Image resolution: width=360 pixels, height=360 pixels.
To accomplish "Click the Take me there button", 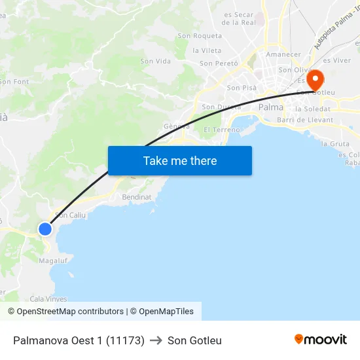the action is tap(180, 160).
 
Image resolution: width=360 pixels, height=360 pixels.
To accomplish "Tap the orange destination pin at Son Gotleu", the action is tap(315, 80).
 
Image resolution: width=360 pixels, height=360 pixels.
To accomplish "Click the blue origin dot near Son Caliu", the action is tap(45, 228).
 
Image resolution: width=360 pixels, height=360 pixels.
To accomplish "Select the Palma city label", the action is tap(271, 107).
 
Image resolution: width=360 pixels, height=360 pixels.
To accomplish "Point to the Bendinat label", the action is tap(136, 196).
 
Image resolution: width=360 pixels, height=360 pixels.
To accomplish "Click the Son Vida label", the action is tap(155, 61).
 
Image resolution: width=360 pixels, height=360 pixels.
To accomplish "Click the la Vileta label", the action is tap(207, 50).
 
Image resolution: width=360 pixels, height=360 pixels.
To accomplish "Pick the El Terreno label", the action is tap(222, 130).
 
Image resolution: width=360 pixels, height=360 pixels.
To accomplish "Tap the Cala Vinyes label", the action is tap(48, 298).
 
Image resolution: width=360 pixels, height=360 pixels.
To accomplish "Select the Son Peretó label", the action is tap(219, 63).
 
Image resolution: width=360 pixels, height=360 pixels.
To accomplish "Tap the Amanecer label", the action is tap(284, 54).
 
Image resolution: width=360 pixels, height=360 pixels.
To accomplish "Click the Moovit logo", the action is tap(321, 340).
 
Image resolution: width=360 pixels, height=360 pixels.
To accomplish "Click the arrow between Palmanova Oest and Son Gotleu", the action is tap(156, 340).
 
